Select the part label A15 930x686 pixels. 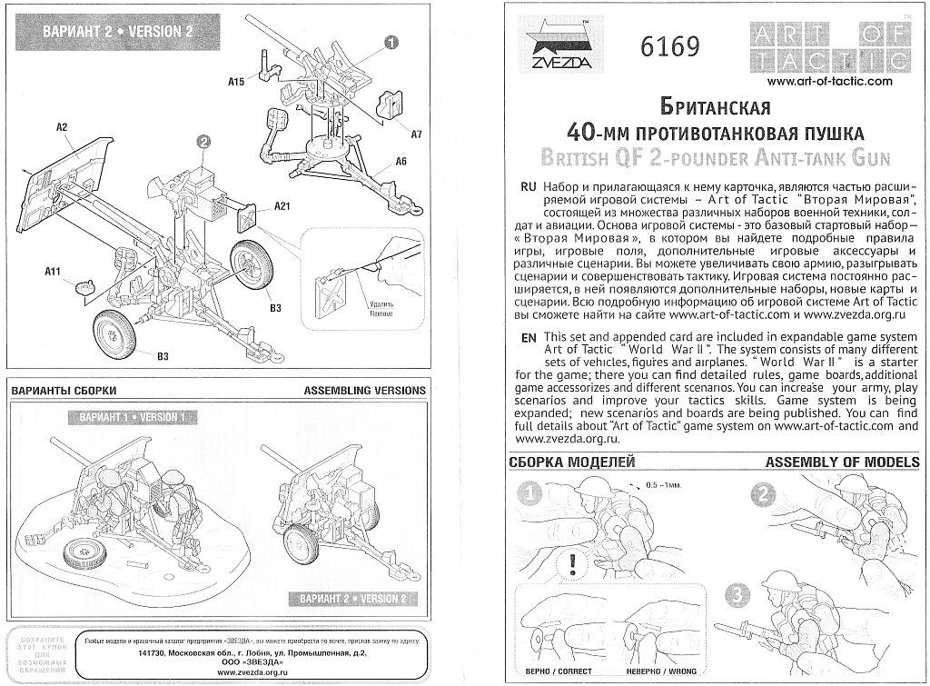tap(237, 82)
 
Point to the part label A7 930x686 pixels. tap(417, 134)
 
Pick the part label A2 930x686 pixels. tap(63, 127)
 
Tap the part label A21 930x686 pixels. tap(282, 208)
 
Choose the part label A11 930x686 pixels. tap(53, 271)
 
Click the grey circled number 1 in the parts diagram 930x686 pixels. tap(391, 42)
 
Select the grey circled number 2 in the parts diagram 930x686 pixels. tap(203, 141)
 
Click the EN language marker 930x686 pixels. tap(527, 337)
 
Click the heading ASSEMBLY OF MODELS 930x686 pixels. tap(842, 462)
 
